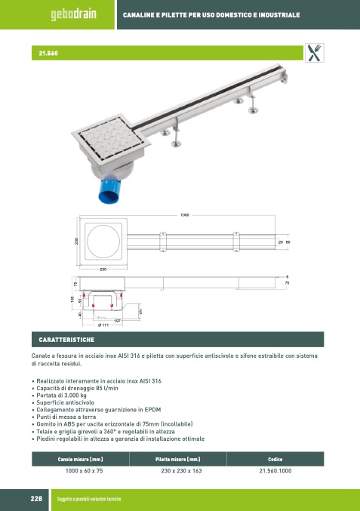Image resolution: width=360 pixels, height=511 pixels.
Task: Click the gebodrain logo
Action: click(x=73, y=14)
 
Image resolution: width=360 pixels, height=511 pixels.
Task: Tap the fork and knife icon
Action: click(x=315, y=53)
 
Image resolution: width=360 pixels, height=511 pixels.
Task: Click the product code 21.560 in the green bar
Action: click(x=48, y=53)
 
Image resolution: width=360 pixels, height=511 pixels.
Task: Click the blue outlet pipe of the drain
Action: click(x=109, y=191)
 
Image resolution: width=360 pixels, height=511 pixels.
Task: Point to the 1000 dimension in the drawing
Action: click(x=184, y=215)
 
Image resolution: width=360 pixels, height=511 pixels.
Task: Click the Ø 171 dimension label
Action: click(x=103, y=325)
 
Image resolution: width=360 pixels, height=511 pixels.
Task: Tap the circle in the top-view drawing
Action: click(x=103, y=242)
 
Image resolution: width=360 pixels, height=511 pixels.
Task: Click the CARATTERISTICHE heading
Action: click(x=66, y=340)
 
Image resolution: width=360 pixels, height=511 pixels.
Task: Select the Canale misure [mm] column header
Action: click(x=80, y=459)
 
